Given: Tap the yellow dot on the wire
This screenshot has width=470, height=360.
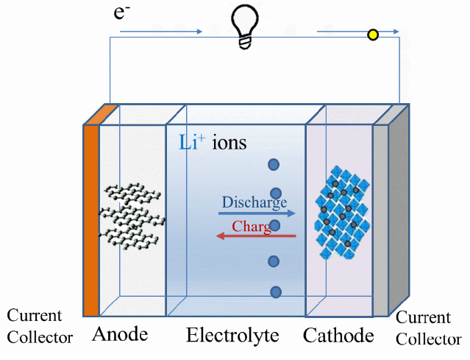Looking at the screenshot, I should click(373, 34).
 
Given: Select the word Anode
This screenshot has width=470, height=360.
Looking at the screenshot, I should click(120, 335).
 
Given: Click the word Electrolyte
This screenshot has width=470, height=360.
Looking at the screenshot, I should click(232, 336).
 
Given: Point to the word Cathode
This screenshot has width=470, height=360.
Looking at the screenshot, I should click(338, 336).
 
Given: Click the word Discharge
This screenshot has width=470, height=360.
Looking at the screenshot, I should click(254, 202).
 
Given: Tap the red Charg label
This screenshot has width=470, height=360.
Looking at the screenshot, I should click(252, 226).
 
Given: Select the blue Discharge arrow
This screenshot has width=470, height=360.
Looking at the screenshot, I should click(257, 213).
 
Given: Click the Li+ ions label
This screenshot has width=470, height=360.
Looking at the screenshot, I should click(213, 142).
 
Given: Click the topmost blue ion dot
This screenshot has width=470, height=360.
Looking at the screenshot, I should click(274, 166).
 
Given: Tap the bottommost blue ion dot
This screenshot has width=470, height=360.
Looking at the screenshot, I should click(276, 292).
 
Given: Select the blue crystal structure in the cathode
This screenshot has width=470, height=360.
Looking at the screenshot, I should click(342, 215).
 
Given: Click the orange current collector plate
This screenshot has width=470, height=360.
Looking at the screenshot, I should click(90, 221).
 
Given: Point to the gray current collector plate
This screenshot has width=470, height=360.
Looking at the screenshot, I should click(381, 221).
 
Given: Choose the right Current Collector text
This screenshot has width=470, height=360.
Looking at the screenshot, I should click(429, 328).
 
